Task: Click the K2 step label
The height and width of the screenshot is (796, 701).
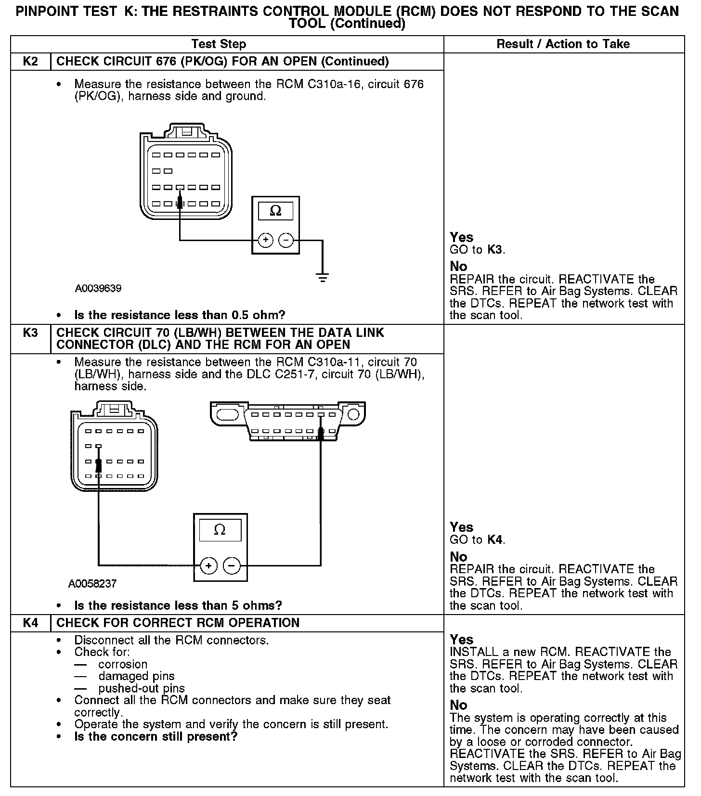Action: pos(30,62)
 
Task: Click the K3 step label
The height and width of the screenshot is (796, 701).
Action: pos(30,333)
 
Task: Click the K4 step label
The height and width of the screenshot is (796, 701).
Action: pos(30,623)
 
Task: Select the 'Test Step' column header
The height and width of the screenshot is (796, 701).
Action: pos(219,44)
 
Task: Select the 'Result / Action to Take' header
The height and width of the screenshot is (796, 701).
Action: pos(563,44)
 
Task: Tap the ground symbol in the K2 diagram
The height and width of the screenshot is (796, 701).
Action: pos(323,277)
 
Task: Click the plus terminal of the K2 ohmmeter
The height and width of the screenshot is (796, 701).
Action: pos(265,240)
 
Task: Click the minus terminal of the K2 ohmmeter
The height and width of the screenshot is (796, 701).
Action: pos(286,240)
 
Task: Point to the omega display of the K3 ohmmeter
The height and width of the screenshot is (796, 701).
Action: pos(220,530)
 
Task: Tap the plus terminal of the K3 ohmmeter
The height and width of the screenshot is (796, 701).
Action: pos(208,565)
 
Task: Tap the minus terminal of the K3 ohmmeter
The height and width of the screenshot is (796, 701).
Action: pos(232,565)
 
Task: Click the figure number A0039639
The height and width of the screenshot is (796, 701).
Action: pos(98,289)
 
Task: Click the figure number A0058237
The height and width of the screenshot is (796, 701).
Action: pos(92,584)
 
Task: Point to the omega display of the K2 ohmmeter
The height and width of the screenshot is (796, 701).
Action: pos(275,210)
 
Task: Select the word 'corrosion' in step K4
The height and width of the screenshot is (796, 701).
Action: pos(123,664)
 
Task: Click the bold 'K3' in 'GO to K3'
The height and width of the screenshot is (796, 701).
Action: pos(495,250)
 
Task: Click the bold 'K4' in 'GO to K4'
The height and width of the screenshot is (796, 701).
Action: pos(495,539)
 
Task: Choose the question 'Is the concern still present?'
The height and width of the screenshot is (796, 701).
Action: pos(156,736)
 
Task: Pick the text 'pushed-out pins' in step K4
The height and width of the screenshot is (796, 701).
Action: pos(142,688)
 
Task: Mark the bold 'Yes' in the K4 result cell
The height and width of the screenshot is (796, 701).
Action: pos(462,640)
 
